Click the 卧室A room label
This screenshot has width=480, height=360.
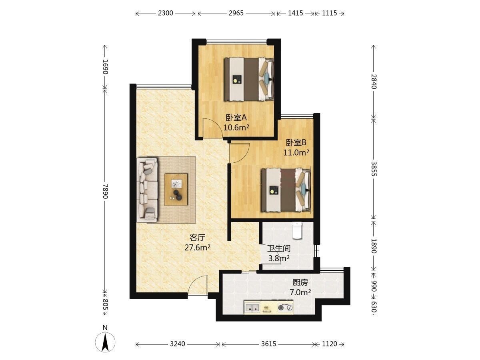[x=236, y=118]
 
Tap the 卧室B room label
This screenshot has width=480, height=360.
[x=296, y=143]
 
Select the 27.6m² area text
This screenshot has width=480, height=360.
[x=197, y=248]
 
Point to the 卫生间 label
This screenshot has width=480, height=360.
[x=279, y=248]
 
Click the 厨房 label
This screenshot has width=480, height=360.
[x=300, y=283]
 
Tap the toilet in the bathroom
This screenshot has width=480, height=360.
[x=297, y=230]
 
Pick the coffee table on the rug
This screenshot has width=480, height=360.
[x=176, y=189]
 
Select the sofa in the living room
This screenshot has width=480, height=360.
[x=147, y=190]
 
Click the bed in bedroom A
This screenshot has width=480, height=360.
[x=249, y=79]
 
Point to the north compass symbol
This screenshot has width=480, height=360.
[x=105, y=344]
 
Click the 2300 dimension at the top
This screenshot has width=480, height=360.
[x=166, y=13]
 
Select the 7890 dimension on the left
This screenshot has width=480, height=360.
[x=106, y=191]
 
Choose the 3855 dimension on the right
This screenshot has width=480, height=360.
[x=374, y=169]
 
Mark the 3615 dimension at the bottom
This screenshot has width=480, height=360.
[x=269, y=344]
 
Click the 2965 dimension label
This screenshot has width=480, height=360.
[x=236, y=13]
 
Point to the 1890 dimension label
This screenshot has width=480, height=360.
[x=374, y=246]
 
